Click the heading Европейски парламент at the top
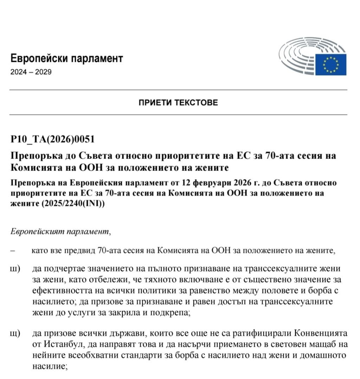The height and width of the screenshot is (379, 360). click(67, 58)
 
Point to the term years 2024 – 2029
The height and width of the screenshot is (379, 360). click(31, 72)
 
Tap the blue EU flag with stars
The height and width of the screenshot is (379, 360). click(330, 64)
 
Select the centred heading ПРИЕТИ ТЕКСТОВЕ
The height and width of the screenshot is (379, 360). click(178, 103)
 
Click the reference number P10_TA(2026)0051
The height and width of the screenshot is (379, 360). click(53, 140)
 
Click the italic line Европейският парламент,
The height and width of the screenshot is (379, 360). click(60, 232)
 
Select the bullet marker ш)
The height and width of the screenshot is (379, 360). click(15, 269)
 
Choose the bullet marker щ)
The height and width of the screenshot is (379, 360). click(15, 333)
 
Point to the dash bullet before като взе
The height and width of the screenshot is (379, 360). click(13, 251)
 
